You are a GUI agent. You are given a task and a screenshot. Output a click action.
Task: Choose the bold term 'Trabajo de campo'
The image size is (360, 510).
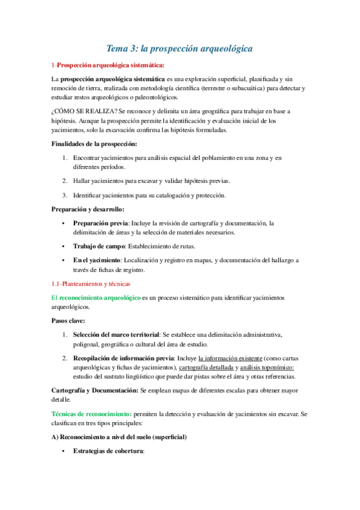coord(99,246)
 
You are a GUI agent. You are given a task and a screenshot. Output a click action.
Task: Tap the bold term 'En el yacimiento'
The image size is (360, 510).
coord(97,260)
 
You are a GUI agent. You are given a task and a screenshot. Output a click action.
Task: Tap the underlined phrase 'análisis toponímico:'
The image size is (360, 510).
coord(269,367)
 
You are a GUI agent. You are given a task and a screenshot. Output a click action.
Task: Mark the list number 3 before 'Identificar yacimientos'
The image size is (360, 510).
coord(64,195)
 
